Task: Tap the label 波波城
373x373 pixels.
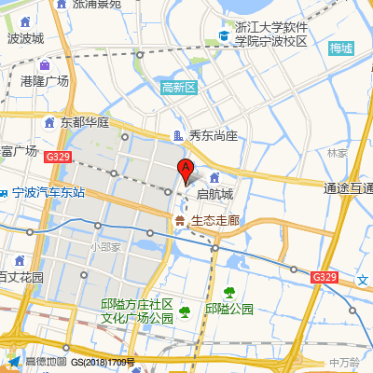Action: coord(25,38)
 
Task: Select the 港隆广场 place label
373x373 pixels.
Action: coord(45,81)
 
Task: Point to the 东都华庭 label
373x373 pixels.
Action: coord(86,122)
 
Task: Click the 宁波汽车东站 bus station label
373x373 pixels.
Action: coord(48,193)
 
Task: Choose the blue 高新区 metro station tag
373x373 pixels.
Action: coord(178,88)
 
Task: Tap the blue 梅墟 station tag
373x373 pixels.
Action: coord(341,48)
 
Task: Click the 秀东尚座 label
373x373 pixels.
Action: coord(213,136)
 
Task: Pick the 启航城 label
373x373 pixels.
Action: coord(215,195)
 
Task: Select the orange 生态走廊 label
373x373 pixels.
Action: coord(215,221)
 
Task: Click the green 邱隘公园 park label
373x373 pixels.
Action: coord(229,309)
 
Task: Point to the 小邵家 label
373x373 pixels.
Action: coord(105,246)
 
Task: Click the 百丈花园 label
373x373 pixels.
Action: coord(21,277)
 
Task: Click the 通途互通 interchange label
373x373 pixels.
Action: coord(349,188)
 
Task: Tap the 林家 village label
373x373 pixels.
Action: coord(338,152)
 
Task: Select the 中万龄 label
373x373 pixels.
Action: coord(345,361)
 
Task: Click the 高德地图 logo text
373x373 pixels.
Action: coord(46,362)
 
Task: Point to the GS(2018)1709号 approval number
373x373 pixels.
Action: coord(104,362)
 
